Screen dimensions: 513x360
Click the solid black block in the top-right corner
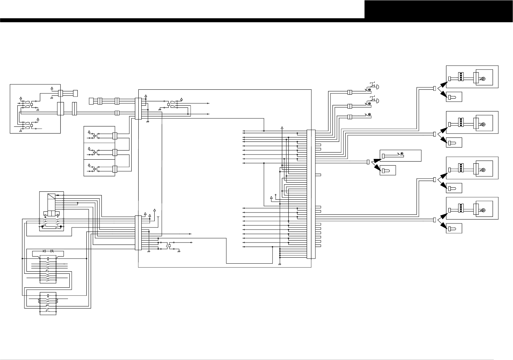click(438, 9)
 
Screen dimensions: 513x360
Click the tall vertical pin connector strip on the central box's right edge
click(311, 194)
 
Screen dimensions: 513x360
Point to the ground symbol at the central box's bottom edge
click(280, 264)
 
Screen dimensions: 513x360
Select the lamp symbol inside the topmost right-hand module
click(483, 79)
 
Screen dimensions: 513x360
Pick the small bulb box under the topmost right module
click(454, 97)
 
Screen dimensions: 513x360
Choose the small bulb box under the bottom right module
click(454, 228)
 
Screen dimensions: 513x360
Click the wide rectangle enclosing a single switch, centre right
click(401, 156)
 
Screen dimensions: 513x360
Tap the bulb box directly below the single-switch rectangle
click(388, 170)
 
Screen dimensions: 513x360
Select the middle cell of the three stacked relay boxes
click(99, 152)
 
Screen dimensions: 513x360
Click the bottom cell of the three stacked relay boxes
click(99, 168)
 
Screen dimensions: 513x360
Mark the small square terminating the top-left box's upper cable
click(75, 93)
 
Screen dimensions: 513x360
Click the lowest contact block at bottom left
click(48, 303)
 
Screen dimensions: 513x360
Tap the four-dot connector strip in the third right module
click(461, 167)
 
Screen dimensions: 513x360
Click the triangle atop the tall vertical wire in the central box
click(282, 128)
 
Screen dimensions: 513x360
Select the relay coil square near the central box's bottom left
click(169, 246)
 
